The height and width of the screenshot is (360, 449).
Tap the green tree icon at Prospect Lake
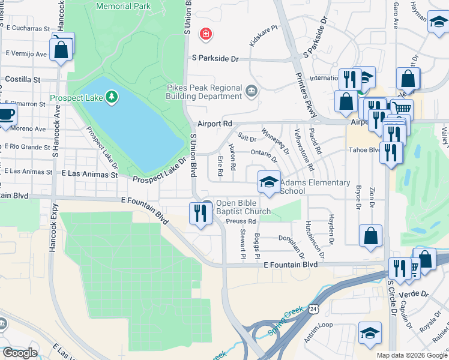click(x=111, y=96)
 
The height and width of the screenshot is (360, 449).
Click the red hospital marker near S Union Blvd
click(x=206, y=34)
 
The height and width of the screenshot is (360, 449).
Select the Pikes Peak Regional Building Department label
click(x=204, y=92)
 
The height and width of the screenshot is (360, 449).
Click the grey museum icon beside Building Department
click(x=251, y=92)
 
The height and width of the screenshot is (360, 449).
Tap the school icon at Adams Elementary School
click(x=269, y=182)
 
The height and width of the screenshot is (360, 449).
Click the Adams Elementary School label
click(x=315, y=187)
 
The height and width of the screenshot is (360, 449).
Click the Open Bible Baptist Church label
click(x=243, y=207)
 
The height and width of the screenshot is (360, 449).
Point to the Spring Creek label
click(x=285, y=319)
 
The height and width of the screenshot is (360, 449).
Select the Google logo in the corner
click(x=20, y=353)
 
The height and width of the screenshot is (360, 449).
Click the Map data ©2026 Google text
click(x=411, y=355)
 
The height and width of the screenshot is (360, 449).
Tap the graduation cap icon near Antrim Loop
click(x=370, y=334)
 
